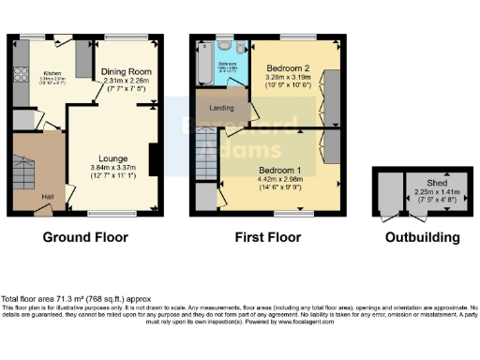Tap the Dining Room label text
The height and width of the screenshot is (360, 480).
tap(127, 70)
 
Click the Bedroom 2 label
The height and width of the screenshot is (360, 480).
tap(288, 69)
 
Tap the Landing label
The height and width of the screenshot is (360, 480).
tap(221, 108)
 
